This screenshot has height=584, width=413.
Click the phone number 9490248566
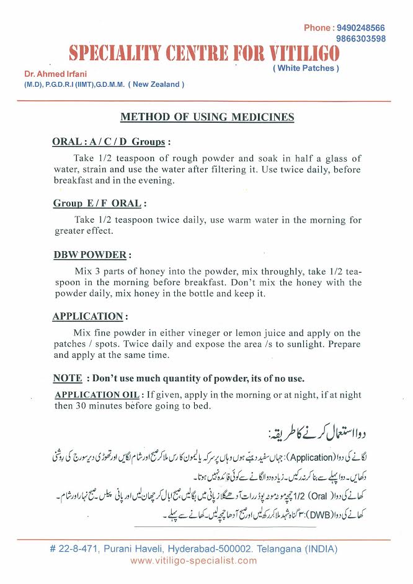click(362, 28)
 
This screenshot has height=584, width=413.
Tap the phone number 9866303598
click(362, 38)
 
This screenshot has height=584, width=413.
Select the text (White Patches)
click(306, 68)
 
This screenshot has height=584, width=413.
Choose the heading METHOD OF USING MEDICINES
click(207, 117)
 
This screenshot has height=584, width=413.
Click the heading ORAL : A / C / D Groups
click(110, 142)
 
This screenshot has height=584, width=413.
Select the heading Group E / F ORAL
click(99, 203)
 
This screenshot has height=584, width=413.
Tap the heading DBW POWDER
click(91, 255)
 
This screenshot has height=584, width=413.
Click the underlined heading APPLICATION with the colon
click(89, 316)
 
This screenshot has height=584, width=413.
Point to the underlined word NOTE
click(68, 378)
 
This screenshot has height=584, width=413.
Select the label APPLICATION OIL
click(97, 395)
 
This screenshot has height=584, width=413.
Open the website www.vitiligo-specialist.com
click(193, 561)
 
